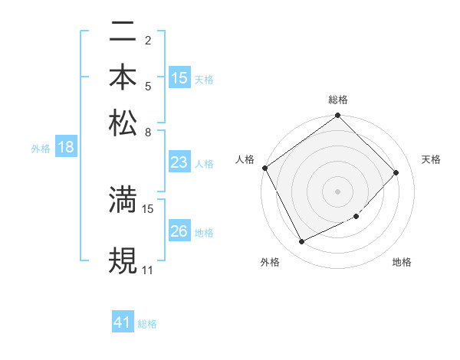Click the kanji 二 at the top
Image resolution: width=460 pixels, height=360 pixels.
pyautogui.click(x=123, y=33)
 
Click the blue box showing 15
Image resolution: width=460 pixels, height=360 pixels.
pyautogui.click(x=179, y=78)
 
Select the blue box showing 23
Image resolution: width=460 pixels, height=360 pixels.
pyautogui.click(x=179, y=162)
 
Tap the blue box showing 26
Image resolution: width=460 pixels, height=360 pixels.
pyautogui.click(x=179, y=231)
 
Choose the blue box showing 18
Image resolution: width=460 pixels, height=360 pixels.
pyautogui.click(x=66, y=148)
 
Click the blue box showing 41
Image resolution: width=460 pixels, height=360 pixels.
pyautogui.click(x=123, y=323)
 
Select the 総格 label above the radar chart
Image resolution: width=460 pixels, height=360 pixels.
pyautogui.click(x=338, y=100)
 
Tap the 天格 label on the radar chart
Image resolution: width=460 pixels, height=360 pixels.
pyautogui.click(x=431, y=159)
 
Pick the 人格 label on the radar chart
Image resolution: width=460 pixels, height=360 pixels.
pyautogui.click(x=245, y=159)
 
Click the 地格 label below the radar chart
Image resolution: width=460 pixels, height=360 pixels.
pyautogui.click(x=402, y=262)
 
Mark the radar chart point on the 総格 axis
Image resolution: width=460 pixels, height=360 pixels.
pyautogui.click(x=338, y=116)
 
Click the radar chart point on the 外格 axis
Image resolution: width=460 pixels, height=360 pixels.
pyautogui.click(x=302, y=242)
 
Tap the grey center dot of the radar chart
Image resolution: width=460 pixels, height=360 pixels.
pyautogui.click(x=338, y=191)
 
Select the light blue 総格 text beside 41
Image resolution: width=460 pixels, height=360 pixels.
pyautogui.click(x=147, y=324)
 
